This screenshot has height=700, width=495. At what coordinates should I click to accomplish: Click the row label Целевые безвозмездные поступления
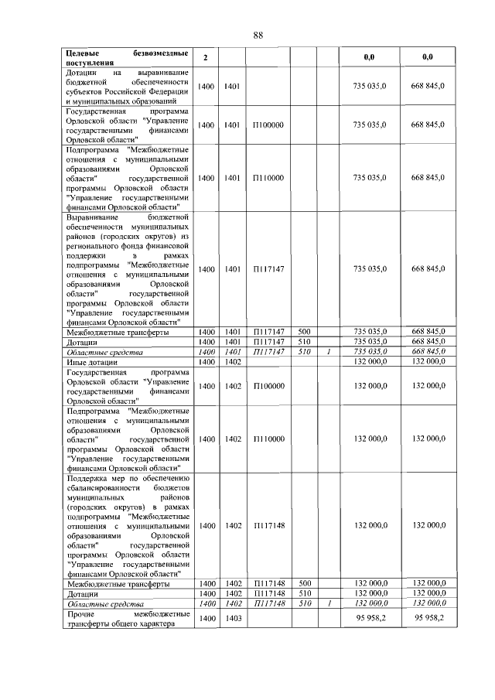click(124, 58)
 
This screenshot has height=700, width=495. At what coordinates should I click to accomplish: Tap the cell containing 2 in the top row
click(205, 58)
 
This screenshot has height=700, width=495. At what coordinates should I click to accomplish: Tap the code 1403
click(233, 619)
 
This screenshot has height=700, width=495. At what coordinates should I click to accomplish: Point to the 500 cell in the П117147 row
click(304, 332)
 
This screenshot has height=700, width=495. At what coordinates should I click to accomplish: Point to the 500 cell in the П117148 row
click(304, 583)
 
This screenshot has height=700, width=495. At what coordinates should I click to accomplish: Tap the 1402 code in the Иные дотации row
click(233, 361)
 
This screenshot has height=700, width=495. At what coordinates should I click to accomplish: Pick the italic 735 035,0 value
click(370, 351)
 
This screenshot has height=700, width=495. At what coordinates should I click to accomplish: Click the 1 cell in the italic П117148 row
click(328, 603)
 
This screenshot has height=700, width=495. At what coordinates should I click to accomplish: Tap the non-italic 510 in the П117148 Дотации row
click(304, 593)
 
